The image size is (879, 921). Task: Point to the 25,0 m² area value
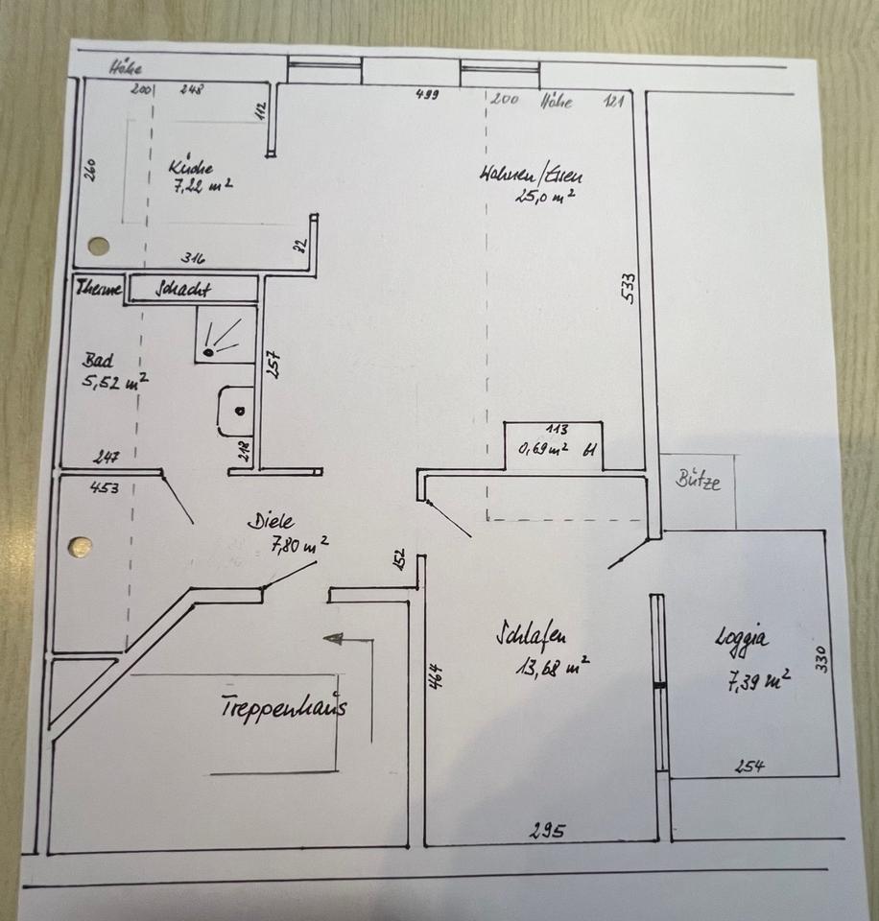point(545,198)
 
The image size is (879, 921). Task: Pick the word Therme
point(100,287)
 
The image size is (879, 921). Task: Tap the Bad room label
point(98,361)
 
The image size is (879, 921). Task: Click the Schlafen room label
point(530,635)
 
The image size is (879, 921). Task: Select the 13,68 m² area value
point(551,665)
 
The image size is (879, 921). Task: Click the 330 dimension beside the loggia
point(820,658)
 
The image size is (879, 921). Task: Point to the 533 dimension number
point(630,288)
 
